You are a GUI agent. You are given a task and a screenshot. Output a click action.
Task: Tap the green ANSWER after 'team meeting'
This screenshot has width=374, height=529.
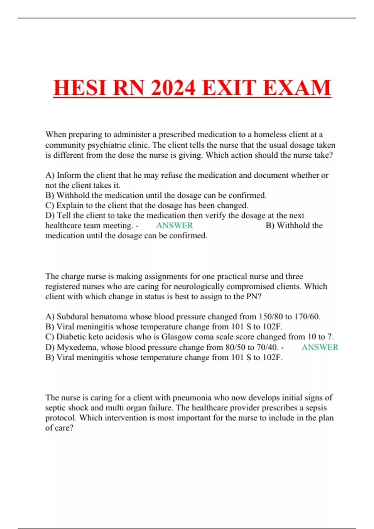175,225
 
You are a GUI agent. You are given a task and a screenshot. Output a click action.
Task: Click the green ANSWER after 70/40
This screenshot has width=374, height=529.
320,347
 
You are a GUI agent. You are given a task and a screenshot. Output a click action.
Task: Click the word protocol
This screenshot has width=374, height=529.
61,418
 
